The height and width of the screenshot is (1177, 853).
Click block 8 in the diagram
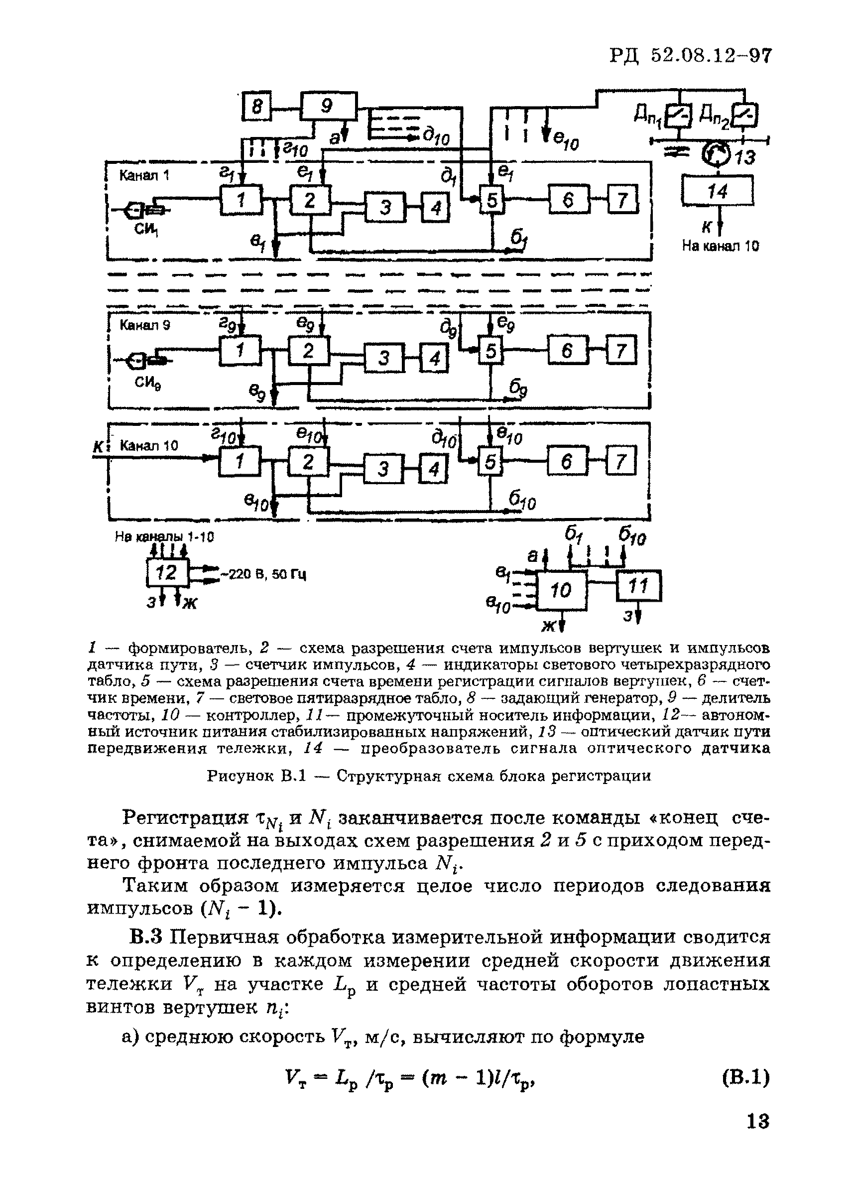pyautogui.click(x=256, y=108)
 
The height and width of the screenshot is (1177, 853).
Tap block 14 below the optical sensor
pyautogui.click(x=718, y=191)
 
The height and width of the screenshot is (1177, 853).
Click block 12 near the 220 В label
pyautogui.click(x=168, y=573)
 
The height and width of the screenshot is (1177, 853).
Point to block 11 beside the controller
pyautogui.click(x=638, y=585)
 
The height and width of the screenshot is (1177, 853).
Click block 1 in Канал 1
pyautogui.click(x=241, y=200)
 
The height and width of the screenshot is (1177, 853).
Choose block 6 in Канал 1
pyautogui.click(x=569, y=200)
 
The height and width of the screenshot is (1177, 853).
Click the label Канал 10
pyautogui.click(x=149, y=446)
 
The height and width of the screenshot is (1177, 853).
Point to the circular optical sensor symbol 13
pyautogui.click(x=716, y=153)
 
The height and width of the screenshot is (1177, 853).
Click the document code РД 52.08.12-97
pyautogui.click(x=690, y=55)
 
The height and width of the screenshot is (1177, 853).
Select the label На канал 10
pyautogui.click(x=720, y=246)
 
